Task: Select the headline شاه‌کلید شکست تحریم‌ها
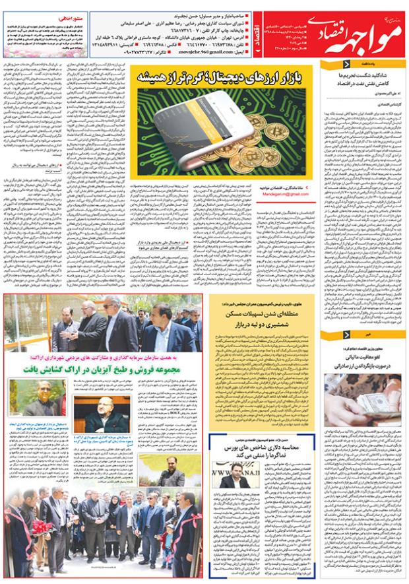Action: (x=362, y=77)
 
